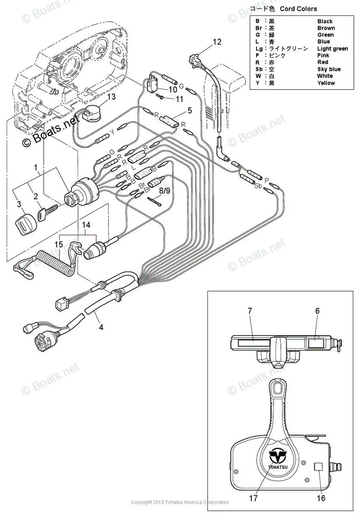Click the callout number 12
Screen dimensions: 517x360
point(217,42)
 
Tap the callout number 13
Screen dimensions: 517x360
point(111,97)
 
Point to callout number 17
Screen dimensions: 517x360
point(253,498)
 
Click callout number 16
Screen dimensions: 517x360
point(321,498)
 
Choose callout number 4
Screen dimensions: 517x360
point(100,327)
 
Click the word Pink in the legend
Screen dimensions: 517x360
point(323,56)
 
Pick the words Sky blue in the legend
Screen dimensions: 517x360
point(329,69)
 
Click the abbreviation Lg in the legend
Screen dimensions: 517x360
point(258,49)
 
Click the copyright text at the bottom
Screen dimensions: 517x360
point(180,502)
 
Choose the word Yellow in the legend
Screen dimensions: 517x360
point(326,83)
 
